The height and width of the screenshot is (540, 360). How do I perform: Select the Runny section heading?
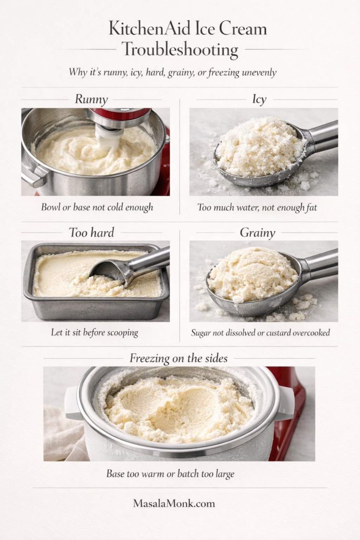[x=91, y=99]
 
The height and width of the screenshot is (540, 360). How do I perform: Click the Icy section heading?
[x=259, y=99]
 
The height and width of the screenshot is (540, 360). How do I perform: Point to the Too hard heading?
[x=91, y=232]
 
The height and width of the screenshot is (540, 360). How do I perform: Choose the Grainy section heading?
[x=259, y=232]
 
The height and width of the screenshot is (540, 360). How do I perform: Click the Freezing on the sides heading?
[x=179, y=358]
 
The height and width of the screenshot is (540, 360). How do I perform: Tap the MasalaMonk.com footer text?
[x=174, y=503]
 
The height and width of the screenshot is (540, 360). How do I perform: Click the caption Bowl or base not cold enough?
[x=97, y=207]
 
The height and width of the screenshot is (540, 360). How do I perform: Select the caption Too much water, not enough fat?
[x=257, y=207]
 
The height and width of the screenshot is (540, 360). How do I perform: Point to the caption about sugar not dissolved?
[x=261, y=333]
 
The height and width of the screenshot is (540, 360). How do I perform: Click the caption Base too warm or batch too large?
[x=170, y=474]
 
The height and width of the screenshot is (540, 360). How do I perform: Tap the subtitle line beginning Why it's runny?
[x=172, y=72]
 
